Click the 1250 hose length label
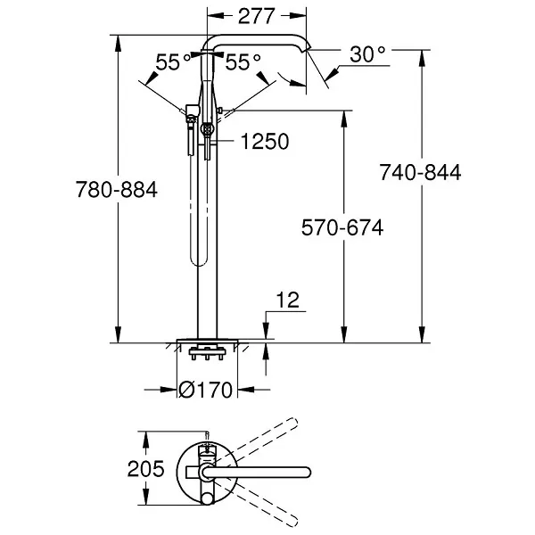coord(267,141)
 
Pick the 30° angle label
coord(368,54)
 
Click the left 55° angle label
coord(173,62)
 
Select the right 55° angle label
coord(243,62)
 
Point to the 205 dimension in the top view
coord(146,468)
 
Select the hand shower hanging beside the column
coord(189,134)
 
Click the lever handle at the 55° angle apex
coord(208,111)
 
